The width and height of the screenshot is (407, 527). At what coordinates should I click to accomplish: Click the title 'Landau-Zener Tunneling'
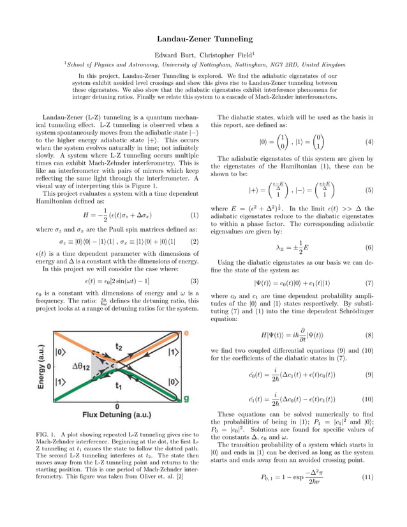click(204, 40)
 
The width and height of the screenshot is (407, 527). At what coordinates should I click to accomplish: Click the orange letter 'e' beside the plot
click(187, 334)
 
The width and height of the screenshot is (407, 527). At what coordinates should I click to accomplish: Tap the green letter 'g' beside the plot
click(187, 398)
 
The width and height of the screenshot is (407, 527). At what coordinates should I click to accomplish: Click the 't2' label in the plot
click(119, 346)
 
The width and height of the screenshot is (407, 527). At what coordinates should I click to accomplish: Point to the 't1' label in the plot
click(119, 386)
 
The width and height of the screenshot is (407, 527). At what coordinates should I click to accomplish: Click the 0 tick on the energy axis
click(49, 367)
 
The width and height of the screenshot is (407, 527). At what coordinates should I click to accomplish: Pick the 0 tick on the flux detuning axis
click(117, 407)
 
